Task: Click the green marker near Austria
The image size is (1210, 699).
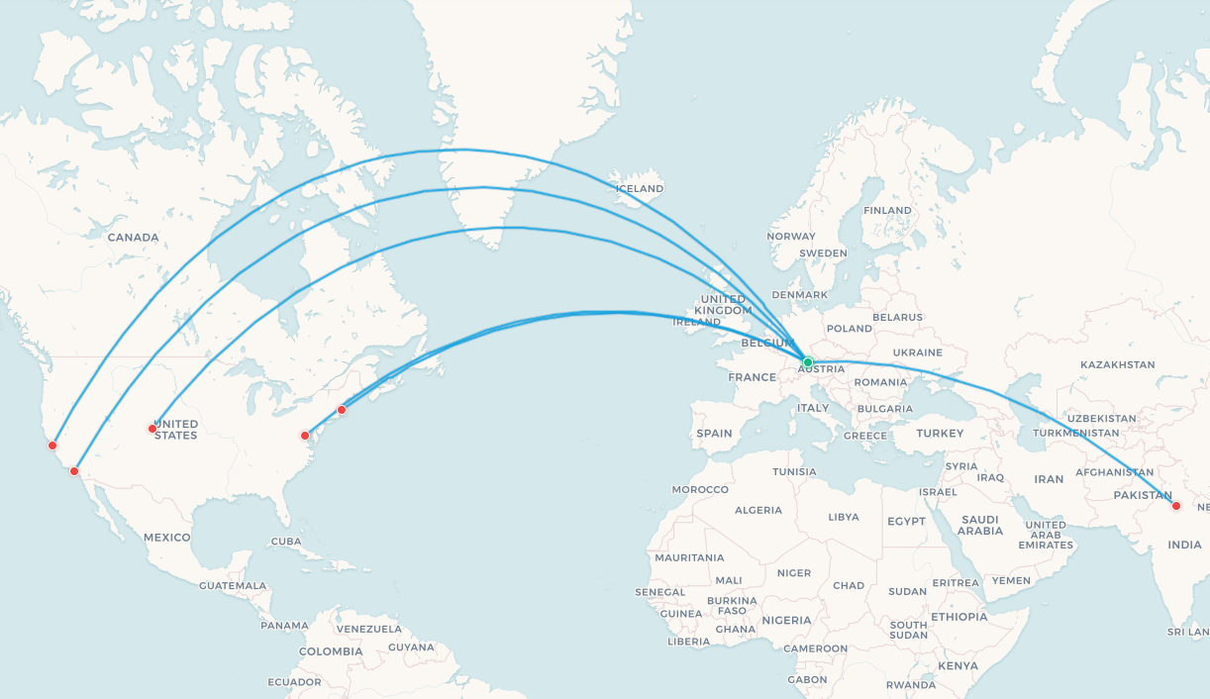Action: click(808, 362)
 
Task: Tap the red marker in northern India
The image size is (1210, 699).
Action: click(1176, 506)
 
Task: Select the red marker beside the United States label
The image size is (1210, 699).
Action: click(152, 429)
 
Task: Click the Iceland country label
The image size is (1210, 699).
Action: click(640, 189)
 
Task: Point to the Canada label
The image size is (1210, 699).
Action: click(133, 238)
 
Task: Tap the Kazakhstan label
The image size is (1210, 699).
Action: click(1118, 365)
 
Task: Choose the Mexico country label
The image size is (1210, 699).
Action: click(166, 538)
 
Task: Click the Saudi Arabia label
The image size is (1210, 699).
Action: click(980, 525)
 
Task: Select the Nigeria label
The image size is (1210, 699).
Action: click(786, 621)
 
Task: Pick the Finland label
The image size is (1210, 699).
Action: click(887, 211)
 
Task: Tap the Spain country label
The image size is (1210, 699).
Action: click(714, 434)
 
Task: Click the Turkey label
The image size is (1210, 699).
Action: click(940, 434)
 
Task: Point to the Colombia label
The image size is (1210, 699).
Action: click(331, 651)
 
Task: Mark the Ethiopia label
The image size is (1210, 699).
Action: click(958, 617)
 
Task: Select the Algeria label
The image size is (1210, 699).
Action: click(757, 511)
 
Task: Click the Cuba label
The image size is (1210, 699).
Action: click(285, 542)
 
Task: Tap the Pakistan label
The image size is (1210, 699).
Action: click(1144, 495)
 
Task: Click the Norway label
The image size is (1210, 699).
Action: click(790, 237)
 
